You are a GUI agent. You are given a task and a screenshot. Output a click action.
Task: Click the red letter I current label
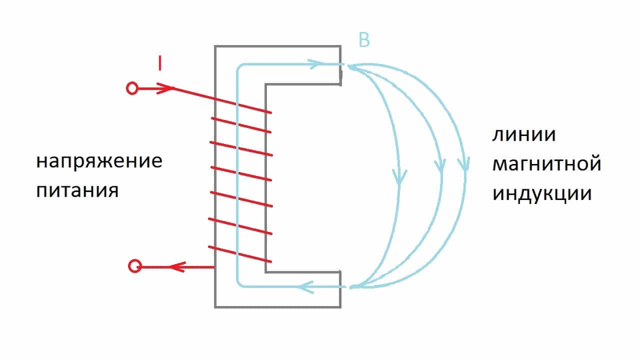159,63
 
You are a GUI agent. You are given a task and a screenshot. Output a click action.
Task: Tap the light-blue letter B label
364,40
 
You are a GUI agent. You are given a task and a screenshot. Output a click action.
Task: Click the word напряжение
99,162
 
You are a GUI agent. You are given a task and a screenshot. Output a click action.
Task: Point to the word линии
524,135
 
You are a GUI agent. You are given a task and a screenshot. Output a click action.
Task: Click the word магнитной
546,164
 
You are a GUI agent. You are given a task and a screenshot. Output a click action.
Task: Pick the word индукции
542,193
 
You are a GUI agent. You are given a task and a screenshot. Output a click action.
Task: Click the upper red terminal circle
132,89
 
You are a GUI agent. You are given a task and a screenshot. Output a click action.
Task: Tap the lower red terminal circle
134,266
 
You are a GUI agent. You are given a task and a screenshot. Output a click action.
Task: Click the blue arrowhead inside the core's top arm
312,64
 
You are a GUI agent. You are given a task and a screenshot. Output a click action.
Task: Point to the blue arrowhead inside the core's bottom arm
305,287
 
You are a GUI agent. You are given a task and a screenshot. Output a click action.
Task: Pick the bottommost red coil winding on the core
240,254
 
